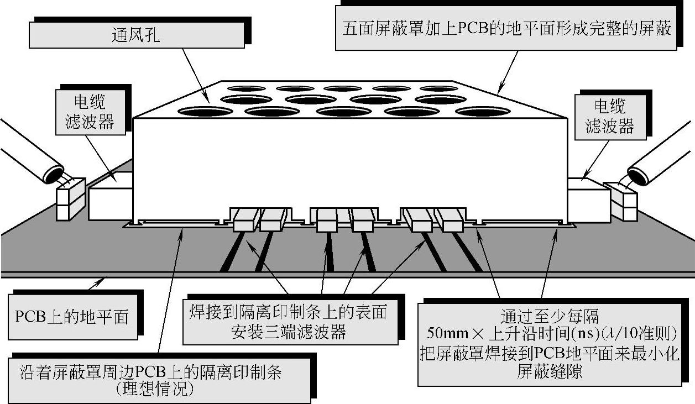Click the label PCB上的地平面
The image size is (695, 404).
click(72, 317)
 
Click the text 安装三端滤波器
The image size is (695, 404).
click(289, 333)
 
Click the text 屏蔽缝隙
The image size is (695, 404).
click(550, 371)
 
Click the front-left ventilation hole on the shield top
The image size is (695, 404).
click(205, 111)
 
